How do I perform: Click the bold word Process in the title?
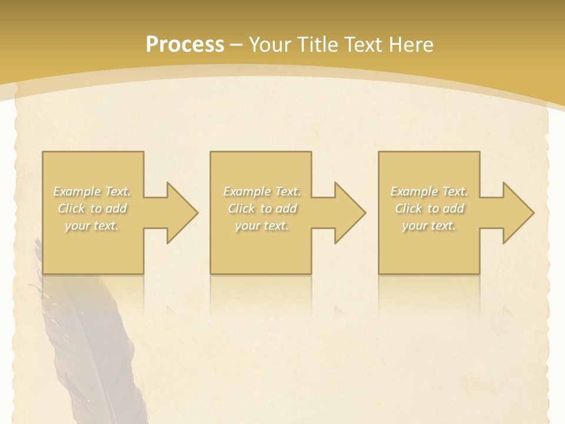pyautogui.click(x=185, y=45)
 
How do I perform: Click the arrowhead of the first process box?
pyautogui.click(x=180, y=213)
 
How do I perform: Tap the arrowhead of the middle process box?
pyautogui.click(x=347, y=213)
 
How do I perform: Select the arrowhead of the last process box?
pyautogui.click(x=516, y=213)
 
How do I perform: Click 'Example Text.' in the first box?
pyautogui.click(x=92, y=191)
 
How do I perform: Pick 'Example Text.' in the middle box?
pyautogui.click(x=262, y=191)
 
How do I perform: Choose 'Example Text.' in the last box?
pyautogui.click(x=429, y=191)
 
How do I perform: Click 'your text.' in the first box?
pyautogui.click(x=92, y=226)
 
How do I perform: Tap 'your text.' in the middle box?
pyautogui.click(x=262, y=226)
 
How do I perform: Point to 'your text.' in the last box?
pyautogui.click(x=429, y=226)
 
